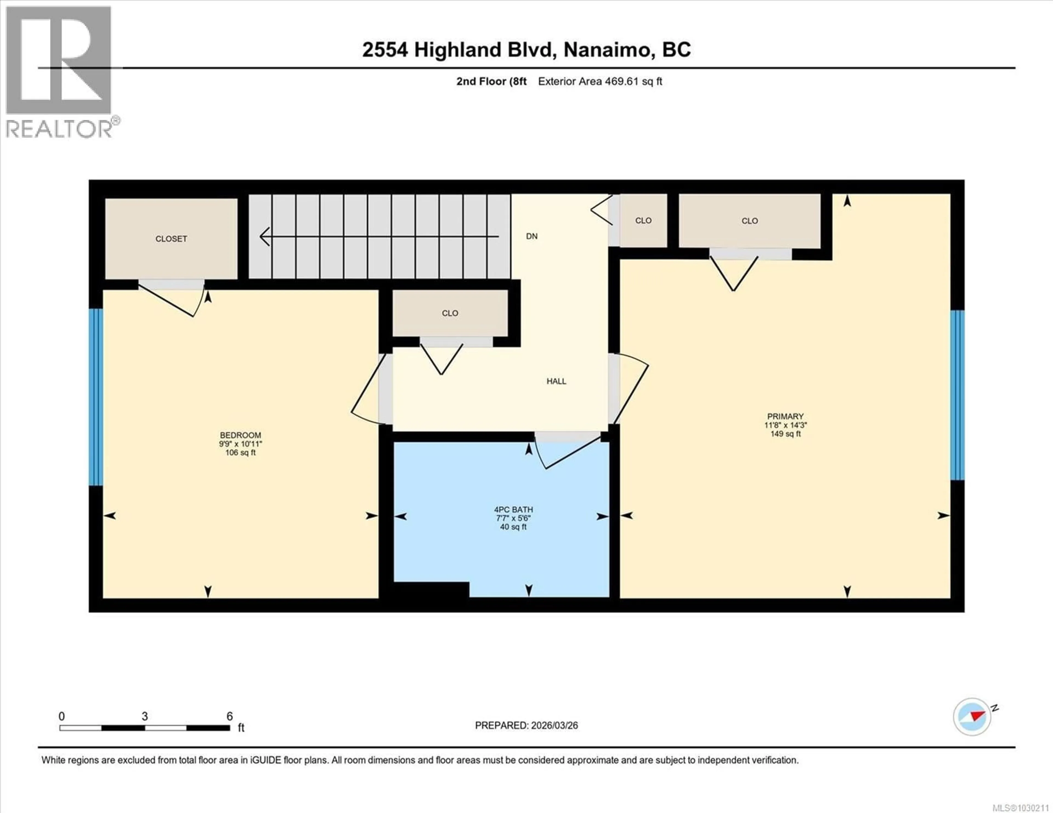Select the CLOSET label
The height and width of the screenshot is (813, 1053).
point(171,239)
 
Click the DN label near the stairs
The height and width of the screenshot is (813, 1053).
point(531,236)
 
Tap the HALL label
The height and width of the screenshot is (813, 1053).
point(556,381)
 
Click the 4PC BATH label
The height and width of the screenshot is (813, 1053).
point(513,509)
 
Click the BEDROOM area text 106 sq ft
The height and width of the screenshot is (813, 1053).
point(240,452)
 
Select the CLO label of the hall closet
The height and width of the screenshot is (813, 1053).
point(450,313)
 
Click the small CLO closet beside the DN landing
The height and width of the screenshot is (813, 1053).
point(643,221)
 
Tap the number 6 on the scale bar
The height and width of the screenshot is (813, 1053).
point(230,716)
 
